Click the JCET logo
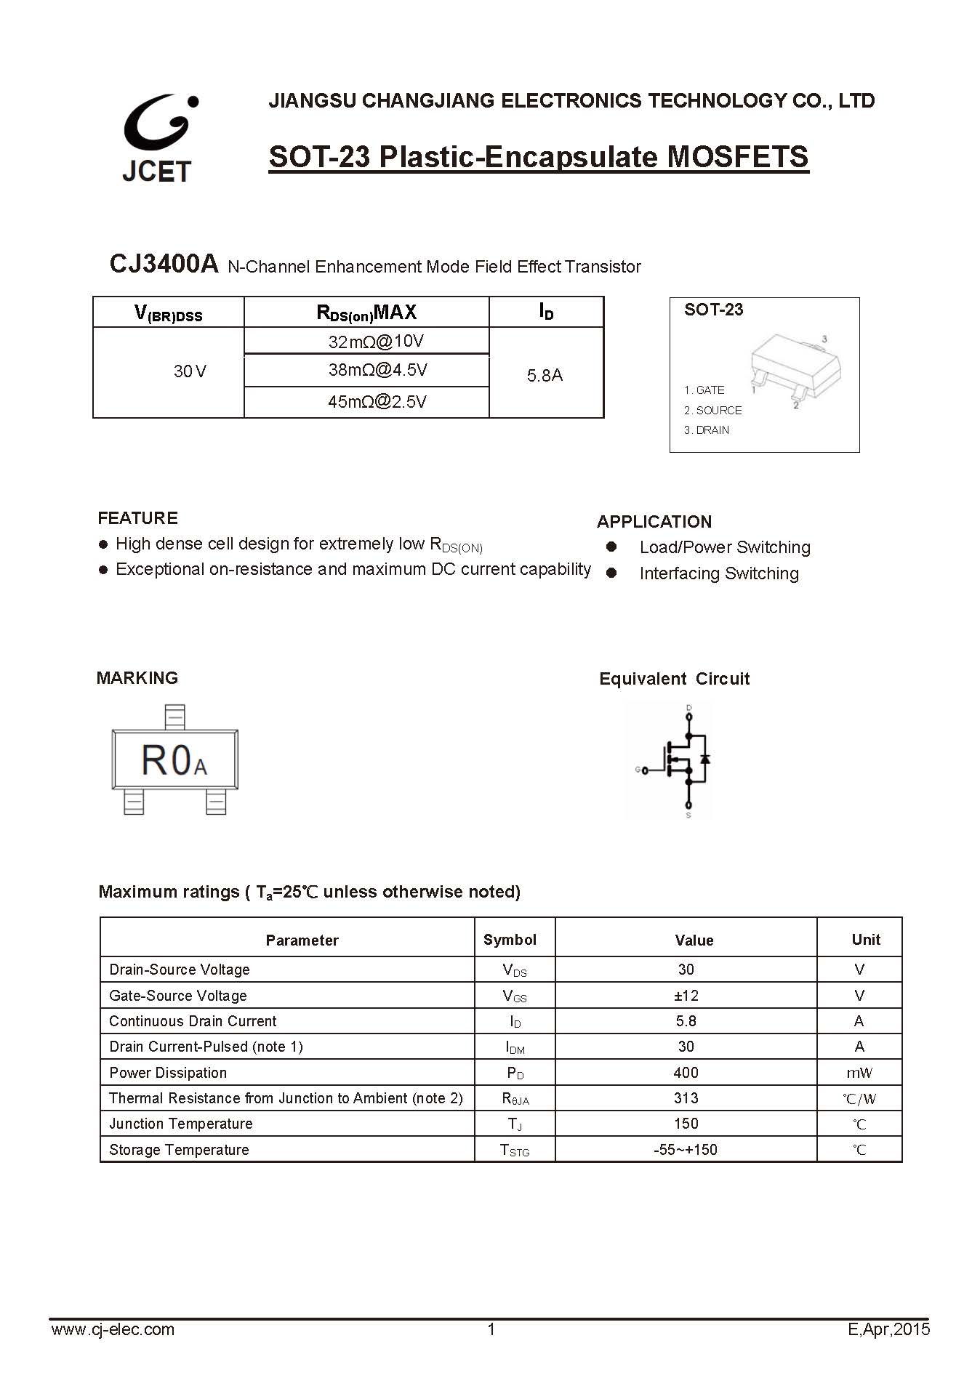coord(158,137)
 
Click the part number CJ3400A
coord(164,264)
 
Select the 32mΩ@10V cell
coord(376,341)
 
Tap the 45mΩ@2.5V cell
coord(377,402)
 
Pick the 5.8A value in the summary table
coord(545,375)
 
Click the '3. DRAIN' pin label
coord(707,430)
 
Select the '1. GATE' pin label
coord(704,390)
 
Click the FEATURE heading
coord(137,518)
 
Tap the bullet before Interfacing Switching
coord(611,573)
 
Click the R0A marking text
coord(174,760)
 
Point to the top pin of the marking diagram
coord(174,717)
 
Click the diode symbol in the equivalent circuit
coord(704,760)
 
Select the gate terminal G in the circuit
coord(638,770)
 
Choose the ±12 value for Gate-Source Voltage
coord(686,996)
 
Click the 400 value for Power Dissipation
coord(686,1073)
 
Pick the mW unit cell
coord(859,1073)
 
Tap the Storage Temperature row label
coord(179,1150)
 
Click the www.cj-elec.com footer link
coord(113,1329)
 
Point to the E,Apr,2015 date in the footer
coord(888,1329)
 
